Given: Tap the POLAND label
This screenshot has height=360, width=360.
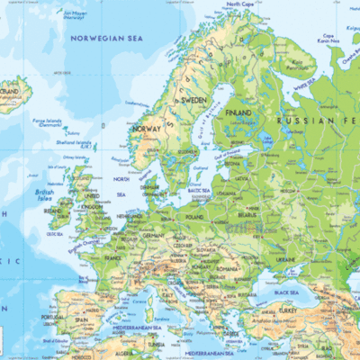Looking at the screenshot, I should click(193, 217).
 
